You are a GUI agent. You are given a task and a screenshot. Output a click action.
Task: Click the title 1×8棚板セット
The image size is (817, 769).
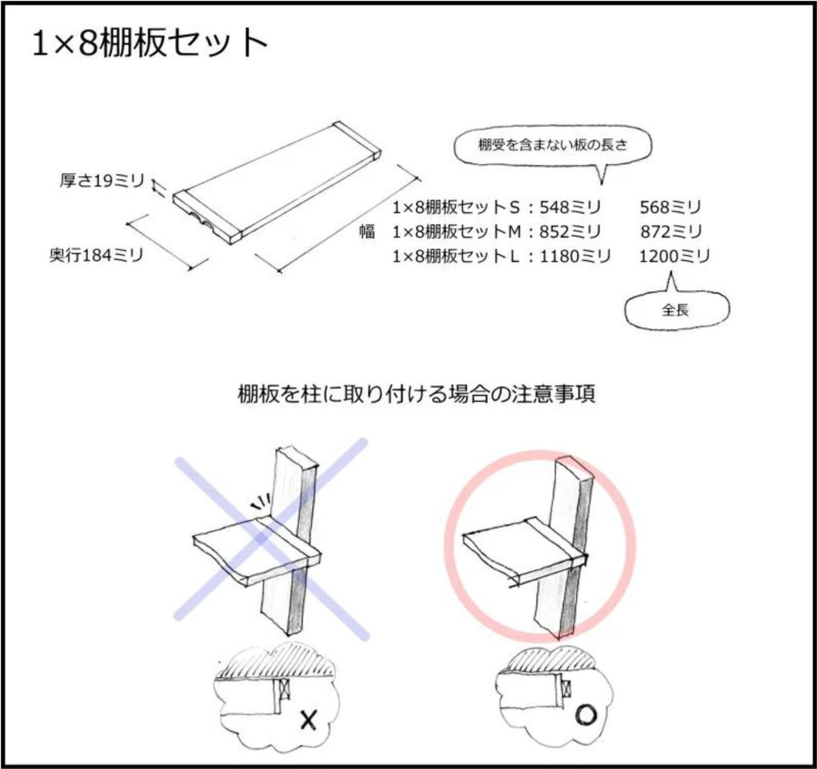[149, 45]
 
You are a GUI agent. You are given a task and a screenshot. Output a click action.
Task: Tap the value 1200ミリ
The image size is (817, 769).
[675, 257]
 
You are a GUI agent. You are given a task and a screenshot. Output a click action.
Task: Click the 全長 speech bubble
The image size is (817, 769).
[675, 310]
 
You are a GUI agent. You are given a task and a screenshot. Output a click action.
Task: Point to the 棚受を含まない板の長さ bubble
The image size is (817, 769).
[552, 145]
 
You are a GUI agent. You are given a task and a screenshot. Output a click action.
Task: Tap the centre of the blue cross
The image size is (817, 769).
[270, 539]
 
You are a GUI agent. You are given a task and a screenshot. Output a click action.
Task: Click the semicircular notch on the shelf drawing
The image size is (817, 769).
[203, 219]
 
